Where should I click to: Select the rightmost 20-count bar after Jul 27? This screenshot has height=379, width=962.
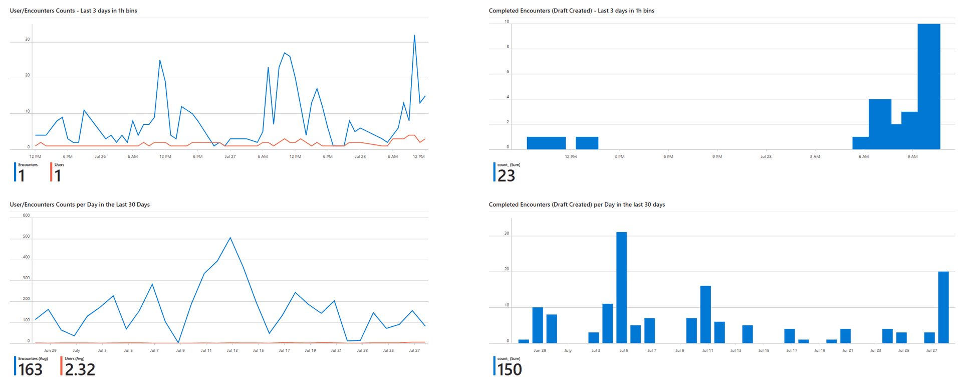click(943, 307)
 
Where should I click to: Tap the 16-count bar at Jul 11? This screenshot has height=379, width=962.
click(705, 314)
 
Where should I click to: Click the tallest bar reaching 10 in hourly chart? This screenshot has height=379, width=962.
click(928, 86)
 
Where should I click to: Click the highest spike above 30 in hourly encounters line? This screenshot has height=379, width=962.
click(414, 36)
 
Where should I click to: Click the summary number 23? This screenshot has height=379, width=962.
click(507, 175)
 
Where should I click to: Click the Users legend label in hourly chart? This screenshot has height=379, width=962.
click(59, 164)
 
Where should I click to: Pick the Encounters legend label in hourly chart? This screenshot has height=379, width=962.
click(28, 164)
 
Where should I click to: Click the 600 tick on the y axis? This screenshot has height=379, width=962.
click(26, 216)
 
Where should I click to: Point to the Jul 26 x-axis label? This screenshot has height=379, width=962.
click(100, 156)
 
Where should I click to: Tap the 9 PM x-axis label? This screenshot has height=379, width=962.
click(717, 156)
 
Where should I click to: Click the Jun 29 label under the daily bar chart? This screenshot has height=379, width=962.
click(540, 350)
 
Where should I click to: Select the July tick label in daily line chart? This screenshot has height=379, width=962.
click(76, 350)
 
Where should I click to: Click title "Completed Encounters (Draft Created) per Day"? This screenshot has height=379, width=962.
click(577, 205)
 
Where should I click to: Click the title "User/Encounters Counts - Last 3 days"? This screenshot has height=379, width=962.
click(73, 11)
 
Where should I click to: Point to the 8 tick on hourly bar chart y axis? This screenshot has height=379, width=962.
click(508, 47)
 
